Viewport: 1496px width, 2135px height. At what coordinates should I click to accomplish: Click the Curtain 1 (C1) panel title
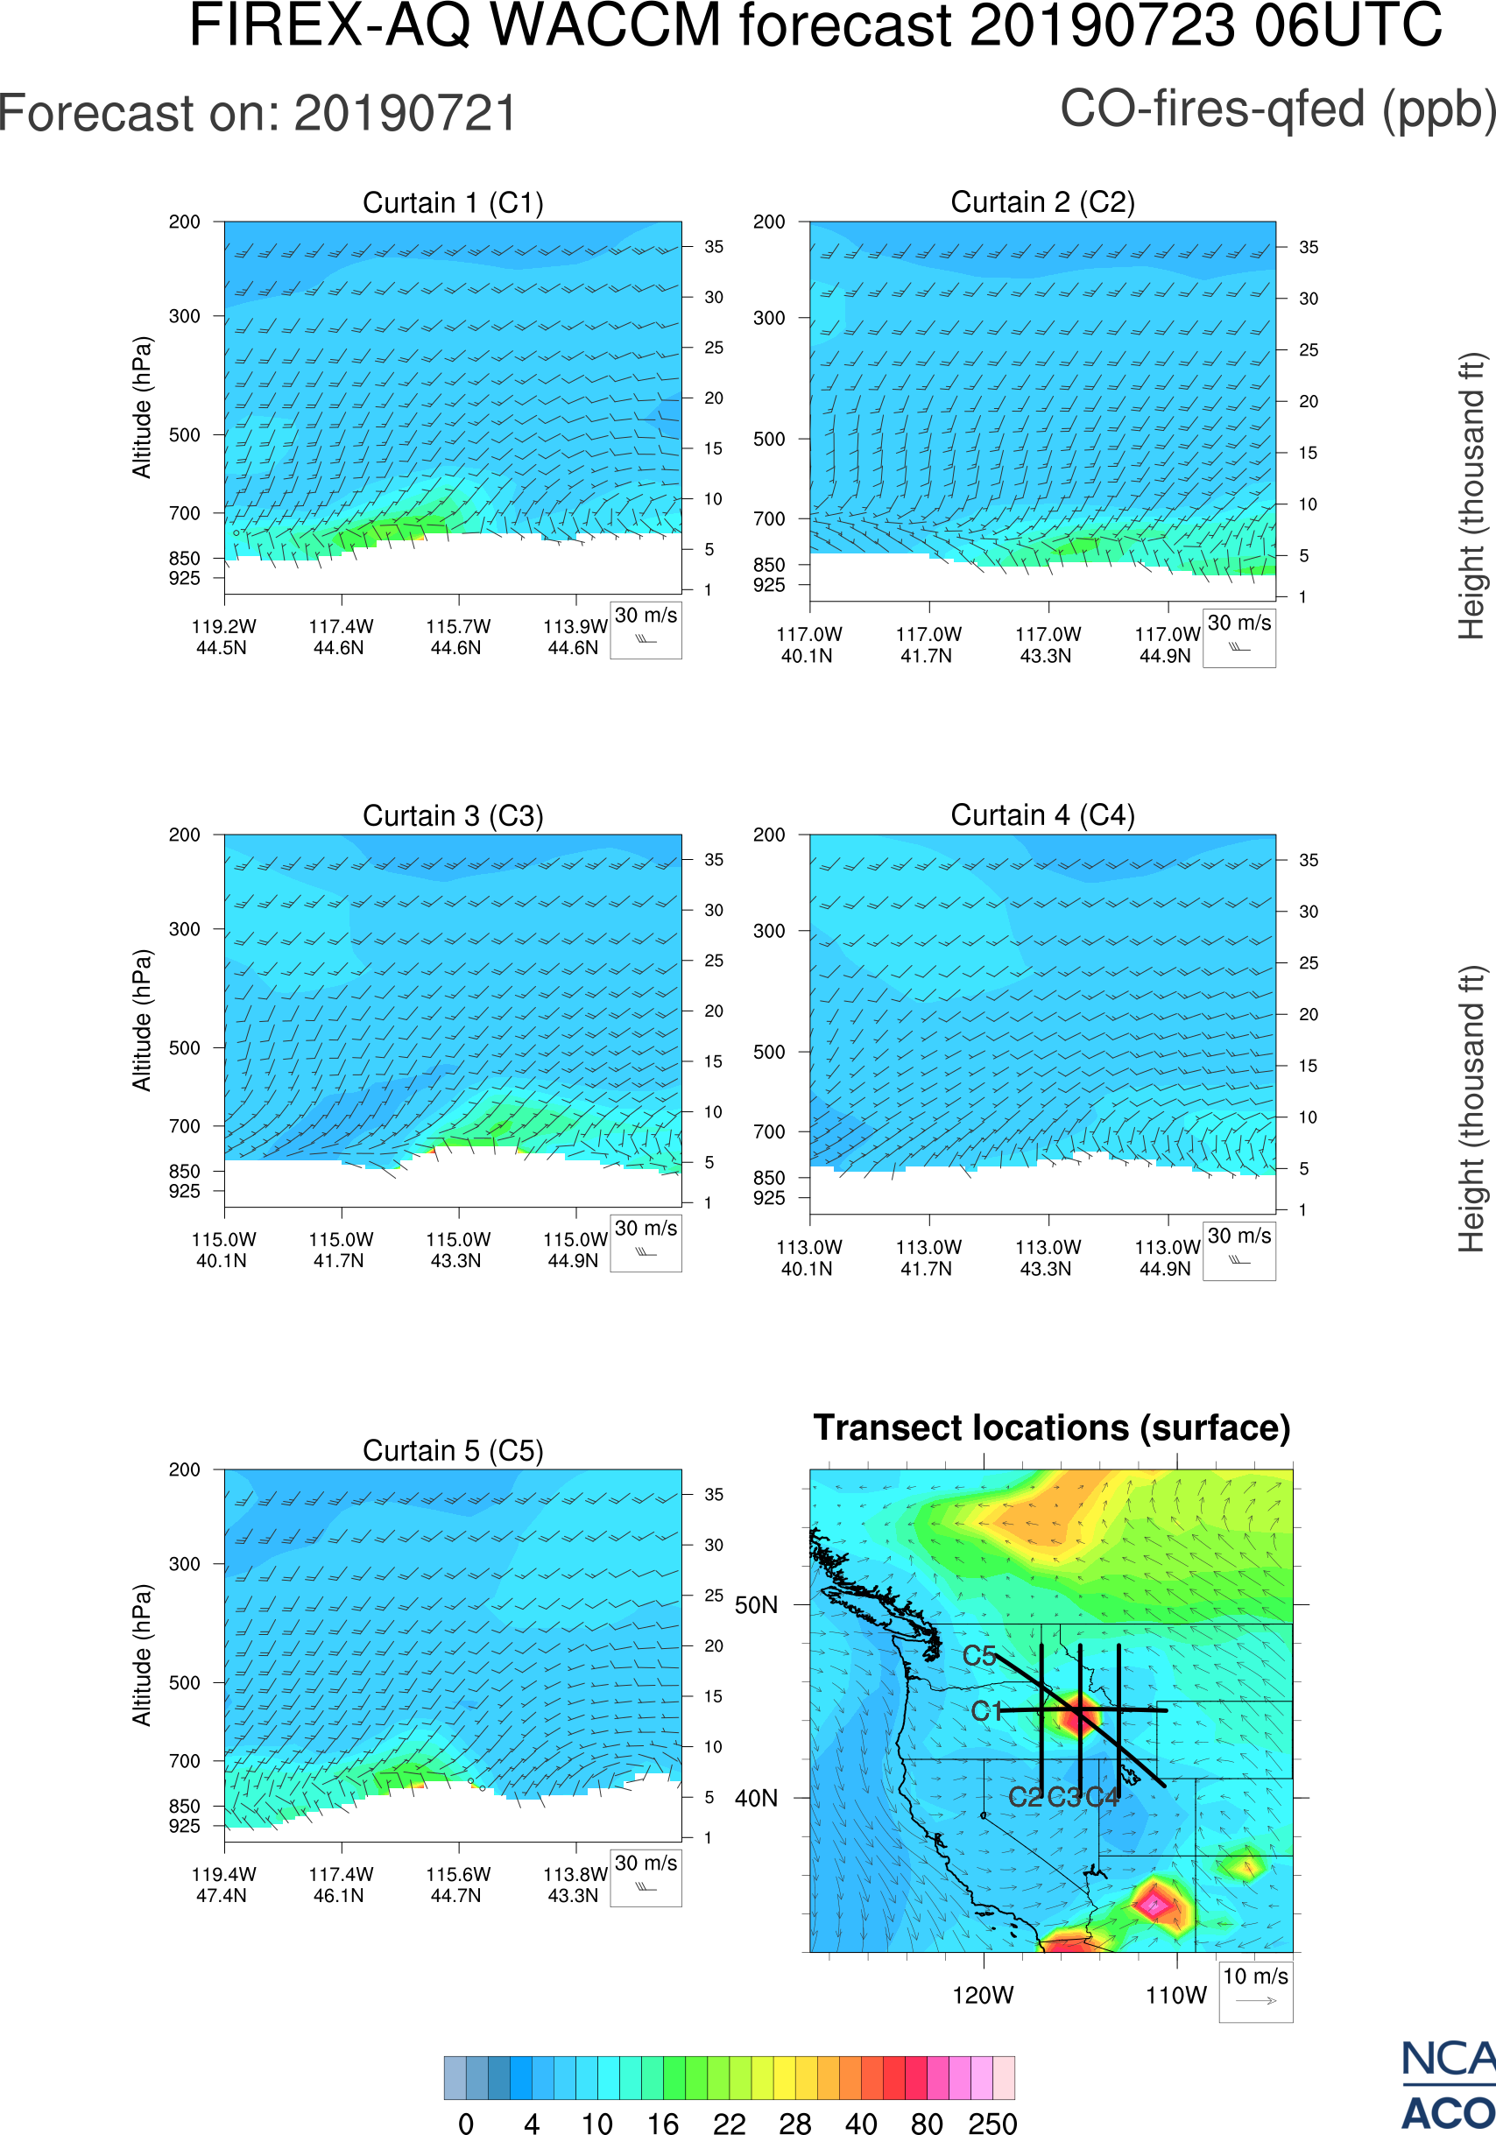click(453, 202)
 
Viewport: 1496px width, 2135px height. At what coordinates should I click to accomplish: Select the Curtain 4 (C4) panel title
click(1042, 815)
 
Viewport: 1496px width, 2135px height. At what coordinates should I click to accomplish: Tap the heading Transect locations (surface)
click(1052, 1428)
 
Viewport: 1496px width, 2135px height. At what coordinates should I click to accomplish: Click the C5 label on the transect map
click(979, 1656)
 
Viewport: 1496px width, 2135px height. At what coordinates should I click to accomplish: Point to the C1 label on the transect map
click(986, 1711)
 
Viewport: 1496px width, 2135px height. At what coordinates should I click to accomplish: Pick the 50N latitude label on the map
click(756, 1606)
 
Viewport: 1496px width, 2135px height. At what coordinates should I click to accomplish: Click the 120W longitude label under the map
click(983, 1996)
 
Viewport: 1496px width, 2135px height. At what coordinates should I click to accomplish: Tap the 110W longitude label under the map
click(1176, 1996)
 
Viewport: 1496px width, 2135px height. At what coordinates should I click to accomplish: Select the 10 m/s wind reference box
click(1255, 1990)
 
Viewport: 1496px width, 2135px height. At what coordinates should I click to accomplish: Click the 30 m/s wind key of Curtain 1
click(646, 629)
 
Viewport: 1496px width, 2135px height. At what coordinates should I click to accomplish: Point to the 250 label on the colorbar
click(992, 2123)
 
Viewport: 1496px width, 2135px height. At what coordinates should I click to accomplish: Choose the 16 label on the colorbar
click(663, 2123)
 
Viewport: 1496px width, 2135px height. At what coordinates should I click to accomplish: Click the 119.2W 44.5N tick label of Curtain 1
click(223, 637)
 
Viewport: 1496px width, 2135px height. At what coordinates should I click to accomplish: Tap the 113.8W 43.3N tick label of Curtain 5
click(574, 1885)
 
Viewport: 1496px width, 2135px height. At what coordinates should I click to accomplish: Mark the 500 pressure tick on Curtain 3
click(184, 1048)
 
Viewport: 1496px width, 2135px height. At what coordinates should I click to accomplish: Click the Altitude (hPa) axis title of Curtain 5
click(141, 1655)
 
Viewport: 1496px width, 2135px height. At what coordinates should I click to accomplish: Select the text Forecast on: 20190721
click(258, 114)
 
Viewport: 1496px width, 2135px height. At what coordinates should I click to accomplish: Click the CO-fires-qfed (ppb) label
click(1278, 109)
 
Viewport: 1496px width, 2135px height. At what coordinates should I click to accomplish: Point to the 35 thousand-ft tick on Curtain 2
click(1309, 247)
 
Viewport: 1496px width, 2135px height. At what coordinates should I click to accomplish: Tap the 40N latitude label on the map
click(756, 1799)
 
